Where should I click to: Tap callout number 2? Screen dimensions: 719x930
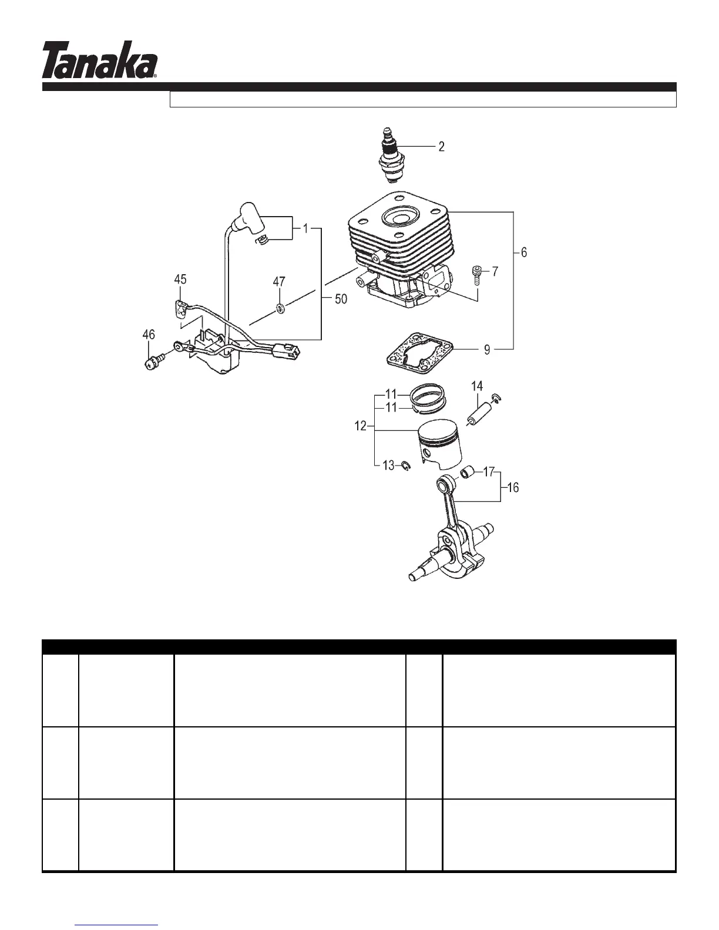441,146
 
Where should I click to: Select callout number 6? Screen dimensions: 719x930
523,252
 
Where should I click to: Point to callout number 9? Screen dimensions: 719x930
487,350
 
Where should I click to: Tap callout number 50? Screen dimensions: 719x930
341,299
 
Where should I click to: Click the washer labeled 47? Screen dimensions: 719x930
280,307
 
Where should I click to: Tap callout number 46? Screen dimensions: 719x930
149,335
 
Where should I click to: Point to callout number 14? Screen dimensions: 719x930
478,386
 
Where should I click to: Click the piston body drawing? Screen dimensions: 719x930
439,446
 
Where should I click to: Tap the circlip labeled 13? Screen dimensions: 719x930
405,466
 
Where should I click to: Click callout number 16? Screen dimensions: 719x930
512,487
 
